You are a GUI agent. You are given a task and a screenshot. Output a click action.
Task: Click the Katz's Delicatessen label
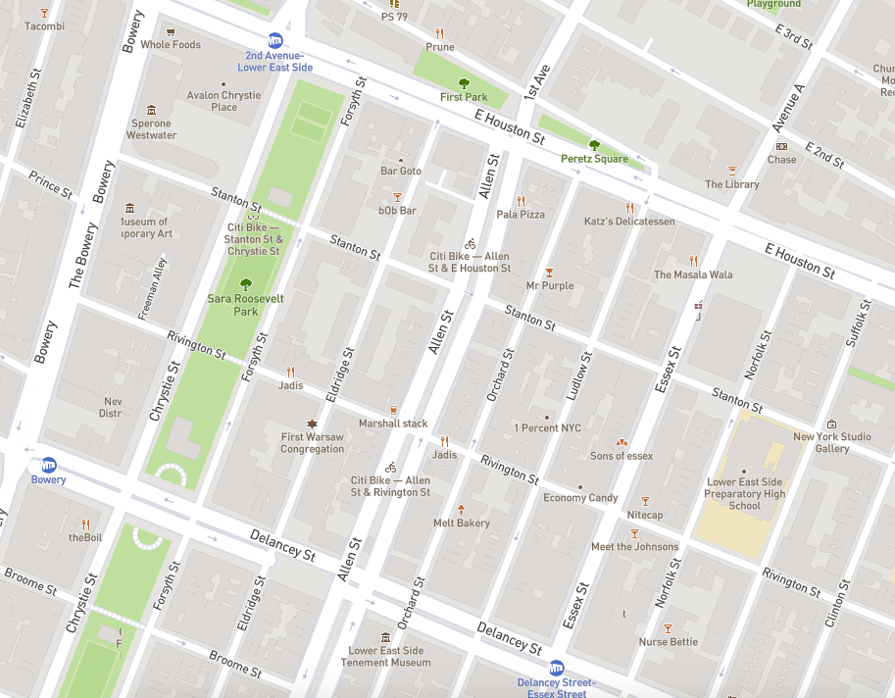[629, 222]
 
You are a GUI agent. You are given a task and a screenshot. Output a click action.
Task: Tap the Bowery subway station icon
[48, 465]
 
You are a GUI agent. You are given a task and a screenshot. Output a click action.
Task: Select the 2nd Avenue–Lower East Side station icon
[276, 40]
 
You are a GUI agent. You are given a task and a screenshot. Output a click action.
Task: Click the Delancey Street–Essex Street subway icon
[557, 668]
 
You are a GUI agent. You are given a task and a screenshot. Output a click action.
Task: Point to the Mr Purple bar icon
[550, 272]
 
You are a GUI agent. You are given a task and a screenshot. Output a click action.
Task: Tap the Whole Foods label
[171, 45]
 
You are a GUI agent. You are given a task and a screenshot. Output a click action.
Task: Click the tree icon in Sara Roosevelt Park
[245, 283]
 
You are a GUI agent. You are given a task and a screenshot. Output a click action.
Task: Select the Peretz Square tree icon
[594, 145]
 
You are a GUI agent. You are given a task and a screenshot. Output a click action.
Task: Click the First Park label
[464, 97]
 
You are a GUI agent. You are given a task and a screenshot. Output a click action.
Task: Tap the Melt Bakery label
[461, 523]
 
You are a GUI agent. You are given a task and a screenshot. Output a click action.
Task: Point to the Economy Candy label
[580, 498]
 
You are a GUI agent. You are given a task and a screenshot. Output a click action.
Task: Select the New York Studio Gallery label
[832, 442]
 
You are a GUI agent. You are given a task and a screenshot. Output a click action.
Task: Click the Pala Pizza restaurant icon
[521, 200]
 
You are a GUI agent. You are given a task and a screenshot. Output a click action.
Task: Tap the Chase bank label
[781, 160]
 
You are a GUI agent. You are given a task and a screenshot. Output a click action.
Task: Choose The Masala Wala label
[693, 275]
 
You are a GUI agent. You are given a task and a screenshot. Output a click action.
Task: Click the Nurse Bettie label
[669, 642]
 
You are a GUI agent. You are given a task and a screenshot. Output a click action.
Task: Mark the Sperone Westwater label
[151, 129]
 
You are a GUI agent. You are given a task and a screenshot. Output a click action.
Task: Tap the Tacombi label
[45, 26]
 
